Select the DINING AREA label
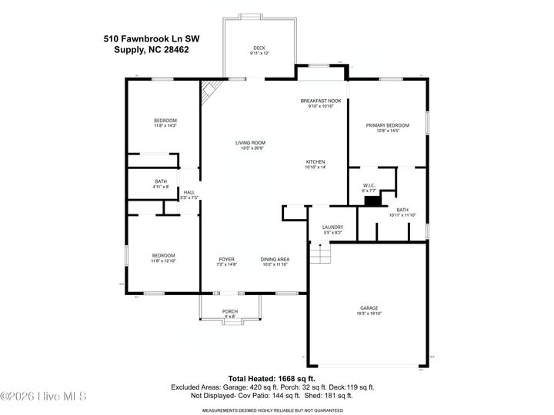tap(274, 261)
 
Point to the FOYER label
tap(226, 261)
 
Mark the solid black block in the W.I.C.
tap(372, 201)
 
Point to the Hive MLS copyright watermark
tap(44, 397)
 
